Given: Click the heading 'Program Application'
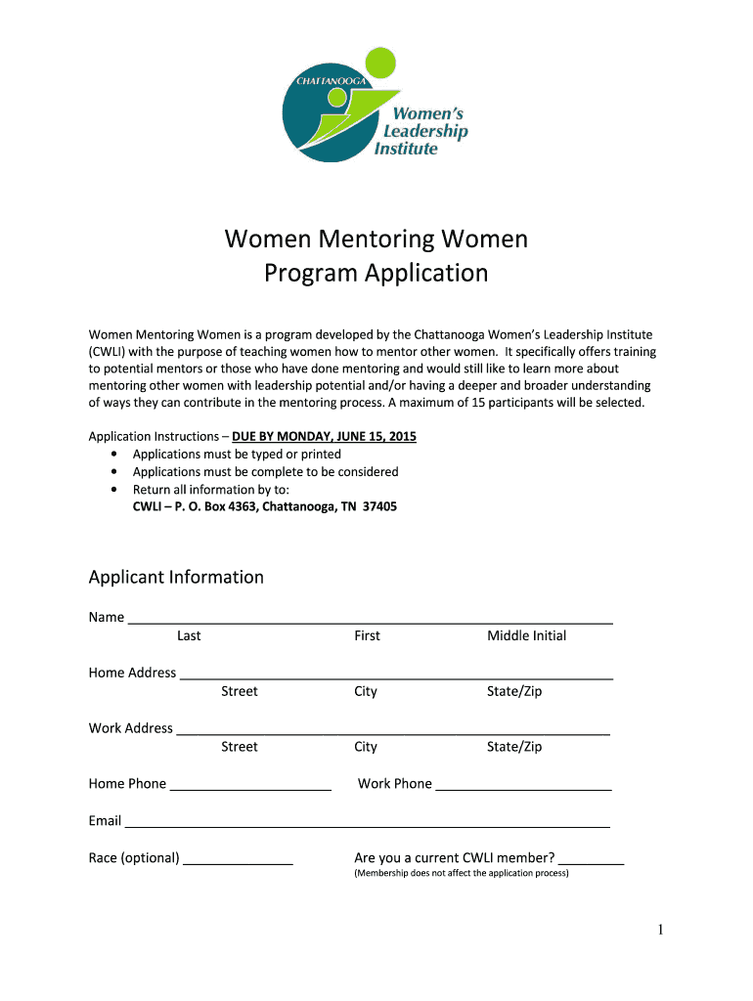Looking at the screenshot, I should click(376, 273).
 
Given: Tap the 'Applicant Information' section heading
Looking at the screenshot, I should click(176, 577).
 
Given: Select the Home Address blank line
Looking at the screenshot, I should click(396, 674).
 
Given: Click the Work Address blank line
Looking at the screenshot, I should click(392, 729).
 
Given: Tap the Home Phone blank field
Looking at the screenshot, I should click(250, 785).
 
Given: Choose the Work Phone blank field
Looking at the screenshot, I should click(523, 785).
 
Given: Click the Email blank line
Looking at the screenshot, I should click(367, 822).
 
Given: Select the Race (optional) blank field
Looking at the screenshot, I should click(238, 859).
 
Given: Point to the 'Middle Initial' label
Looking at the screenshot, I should click(526, 635).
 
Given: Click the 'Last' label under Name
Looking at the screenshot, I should click(189, 635).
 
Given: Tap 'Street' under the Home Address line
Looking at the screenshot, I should click(239, 691).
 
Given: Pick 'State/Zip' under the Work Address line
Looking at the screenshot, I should click(513, 747).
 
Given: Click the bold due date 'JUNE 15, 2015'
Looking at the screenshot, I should click(373, 437).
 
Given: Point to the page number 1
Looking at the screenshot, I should click(660, 930).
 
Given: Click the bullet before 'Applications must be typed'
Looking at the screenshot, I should click(116, 455).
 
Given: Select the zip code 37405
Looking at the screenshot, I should click(379, 507).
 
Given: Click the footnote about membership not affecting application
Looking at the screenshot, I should click(461, 873).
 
